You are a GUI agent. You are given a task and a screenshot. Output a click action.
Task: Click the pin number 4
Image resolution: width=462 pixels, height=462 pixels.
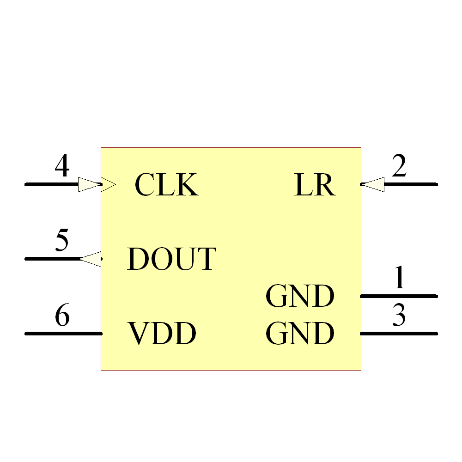tap(62, 166)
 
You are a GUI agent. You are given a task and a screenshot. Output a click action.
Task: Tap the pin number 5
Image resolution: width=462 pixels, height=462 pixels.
tap(62, 241)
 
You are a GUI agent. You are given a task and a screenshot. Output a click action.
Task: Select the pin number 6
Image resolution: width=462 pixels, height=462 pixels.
tap(62, 316)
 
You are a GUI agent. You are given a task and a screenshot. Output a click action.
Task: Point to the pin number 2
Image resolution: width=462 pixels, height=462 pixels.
tap(399, 166)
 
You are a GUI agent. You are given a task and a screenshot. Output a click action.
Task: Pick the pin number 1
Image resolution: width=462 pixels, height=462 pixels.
tap(399, 278)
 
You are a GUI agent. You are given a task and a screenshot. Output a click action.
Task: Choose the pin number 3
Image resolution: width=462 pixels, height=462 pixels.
tap(399, 316)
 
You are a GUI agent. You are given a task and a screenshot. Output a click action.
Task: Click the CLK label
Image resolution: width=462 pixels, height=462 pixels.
tap(166, 185)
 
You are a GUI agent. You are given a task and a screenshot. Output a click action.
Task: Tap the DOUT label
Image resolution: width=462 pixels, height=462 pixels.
tap(171, 259)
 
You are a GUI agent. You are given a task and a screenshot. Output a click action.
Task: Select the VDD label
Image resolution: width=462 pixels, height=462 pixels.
tap(162, 334)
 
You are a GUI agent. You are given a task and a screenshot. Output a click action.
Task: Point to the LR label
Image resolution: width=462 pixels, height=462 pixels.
tap(315, 185)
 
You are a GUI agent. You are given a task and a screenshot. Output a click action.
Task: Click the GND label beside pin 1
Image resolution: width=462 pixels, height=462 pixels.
tap(300, 296)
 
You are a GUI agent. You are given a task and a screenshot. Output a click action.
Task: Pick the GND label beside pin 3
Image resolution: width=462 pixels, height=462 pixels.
tap(300, 334)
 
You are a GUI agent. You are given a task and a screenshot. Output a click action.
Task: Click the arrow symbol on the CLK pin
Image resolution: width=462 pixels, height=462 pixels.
tap(96, 184)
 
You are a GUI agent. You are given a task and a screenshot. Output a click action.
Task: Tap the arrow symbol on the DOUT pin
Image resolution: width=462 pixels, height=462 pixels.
tap(91, 259)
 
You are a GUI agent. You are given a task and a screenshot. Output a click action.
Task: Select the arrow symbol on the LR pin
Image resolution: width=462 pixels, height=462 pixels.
tap(372, 184)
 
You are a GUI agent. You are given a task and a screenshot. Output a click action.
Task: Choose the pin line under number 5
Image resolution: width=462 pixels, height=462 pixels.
tap(51, 259)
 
